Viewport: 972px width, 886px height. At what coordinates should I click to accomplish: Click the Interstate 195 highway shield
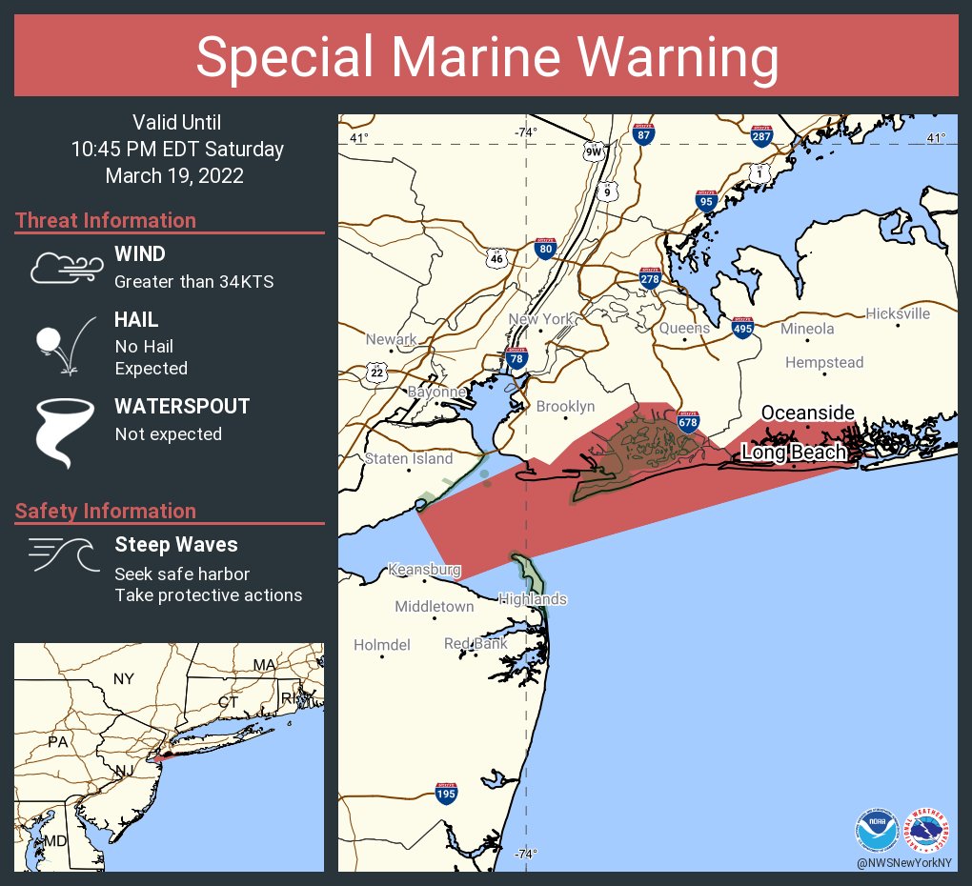point(445,793)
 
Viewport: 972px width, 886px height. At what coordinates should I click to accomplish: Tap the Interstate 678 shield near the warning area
point(687,421)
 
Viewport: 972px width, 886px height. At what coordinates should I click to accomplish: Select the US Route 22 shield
point(376,373)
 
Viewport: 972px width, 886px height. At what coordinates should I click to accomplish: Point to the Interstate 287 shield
point(760,136)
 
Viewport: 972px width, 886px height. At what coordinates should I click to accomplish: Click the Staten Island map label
point(409,458)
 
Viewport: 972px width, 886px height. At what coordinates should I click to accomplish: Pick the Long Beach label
point(794,453)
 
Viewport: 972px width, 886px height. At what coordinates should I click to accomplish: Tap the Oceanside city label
point(807,413)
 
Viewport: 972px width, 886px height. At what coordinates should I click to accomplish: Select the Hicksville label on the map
point(897,313)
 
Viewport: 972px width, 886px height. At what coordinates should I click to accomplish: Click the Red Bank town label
point(476,644)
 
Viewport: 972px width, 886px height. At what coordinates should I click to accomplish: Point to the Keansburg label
point(424,570)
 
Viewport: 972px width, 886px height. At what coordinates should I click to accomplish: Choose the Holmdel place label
point(381,645)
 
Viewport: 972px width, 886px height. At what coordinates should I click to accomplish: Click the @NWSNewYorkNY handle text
point(901,862)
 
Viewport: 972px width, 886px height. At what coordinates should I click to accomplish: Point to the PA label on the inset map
point(58,741)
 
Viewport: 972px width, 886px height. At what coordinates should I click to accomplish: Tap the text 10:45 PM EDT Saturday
point(177,150)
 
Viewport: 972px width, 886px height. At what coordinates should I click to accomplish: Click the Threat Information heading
point(106,220)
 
